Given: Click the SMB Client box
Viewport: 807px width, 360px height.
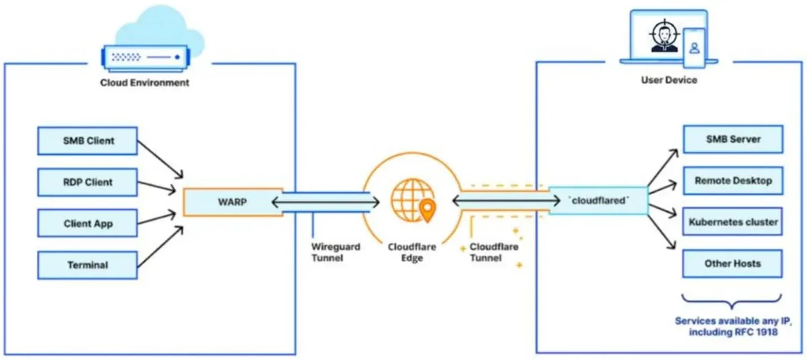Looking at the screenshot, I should tap(87, 141).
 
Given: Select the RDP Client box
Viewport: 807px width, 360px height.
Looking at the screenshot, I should tap(87, 182).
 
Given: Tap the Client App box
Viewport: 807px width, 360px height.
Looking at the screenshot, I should tap(87, 223).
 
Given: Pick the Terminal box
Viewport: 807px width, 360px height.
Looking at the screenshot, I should tap(87, 264).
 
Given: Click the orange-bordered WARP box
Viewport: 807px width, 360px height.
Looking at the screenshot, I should tap(233, 201).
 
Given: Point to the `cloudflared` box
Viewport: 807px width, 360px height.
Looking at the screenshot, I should tap(597, 201).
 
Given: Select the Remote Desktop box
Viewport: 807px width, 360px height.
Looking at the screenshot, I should tap(732, 181).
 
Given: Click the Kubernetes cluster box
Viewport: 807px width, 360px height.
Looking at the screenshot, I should tap(732, 221).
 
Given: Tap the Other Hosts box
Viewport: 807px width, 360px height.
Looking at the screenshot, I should tap(732, 263).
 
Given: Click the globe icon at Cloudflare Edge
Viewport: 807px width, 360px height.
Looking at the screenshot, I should tap(410, 197).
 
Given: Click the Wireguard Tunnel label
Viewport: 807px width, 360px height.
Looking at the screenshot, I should tap(336, 252).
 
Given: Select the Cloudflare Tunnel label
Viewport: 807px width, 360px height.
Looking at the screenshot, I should tap(494, 252).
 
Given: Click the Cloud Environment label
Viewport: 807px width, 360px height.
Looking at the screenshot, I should tap(145, 83).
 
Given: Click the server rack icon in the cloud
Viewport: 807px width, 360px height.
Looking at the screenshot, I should tap(144, 59).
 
